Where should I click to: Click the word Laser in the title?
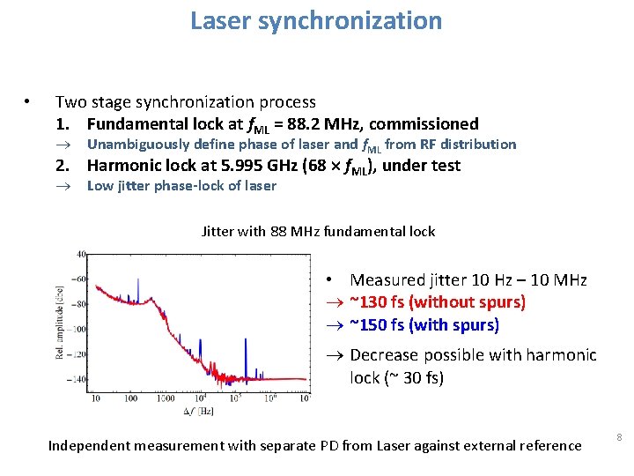(221, 20)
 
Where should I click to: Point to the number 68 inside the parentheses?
(314, 166)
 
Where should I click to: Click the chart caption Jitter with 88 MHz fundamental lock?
(318, 232)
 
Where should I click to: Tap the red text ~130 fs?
(380, 302)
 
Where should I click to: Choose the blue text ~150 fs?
(380, 325)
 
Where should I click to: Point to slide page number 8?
(619, 437)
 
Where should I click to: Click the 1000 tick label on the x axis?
(165, 398)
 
